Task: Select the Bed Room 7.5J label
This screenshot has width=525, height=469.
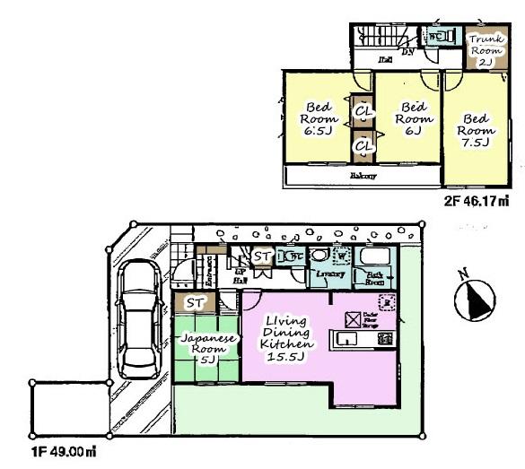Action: click(476, 130)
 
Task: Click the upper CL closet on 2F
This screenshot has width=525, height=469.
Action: click(363, 111)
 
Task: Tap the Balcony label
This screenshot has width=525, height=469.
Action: click(363, 176)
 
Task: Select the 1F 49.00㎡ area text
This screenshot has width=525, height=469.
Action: click(60, 453)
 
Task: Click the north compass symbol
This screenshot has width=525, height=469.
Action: click(475, 299)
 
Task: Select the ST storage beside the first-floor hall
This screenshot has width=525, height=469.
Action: click(262, 257)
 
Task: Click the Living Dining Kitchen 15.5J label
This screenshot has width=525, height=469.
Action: click(286, 339)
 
